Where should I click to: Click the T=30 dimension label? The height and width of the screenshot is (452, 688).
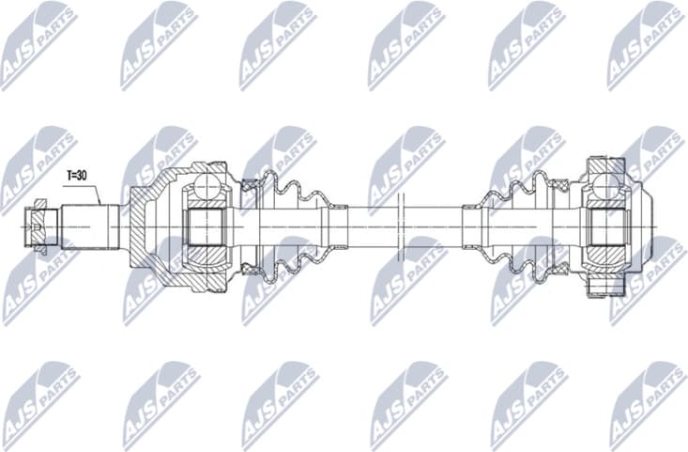coord(79,176)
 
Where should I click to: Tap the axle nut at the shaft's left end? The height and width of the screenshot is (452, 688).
coord(38,226)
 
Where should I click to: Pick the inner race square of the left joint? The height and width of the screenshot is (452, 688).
coord(204,227)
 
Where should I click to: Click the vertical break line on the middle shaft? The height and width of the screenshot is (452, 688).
coord(400,226)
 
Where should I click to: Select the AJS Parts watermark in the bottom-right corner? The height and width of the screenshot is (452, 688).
coord(647,404)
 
